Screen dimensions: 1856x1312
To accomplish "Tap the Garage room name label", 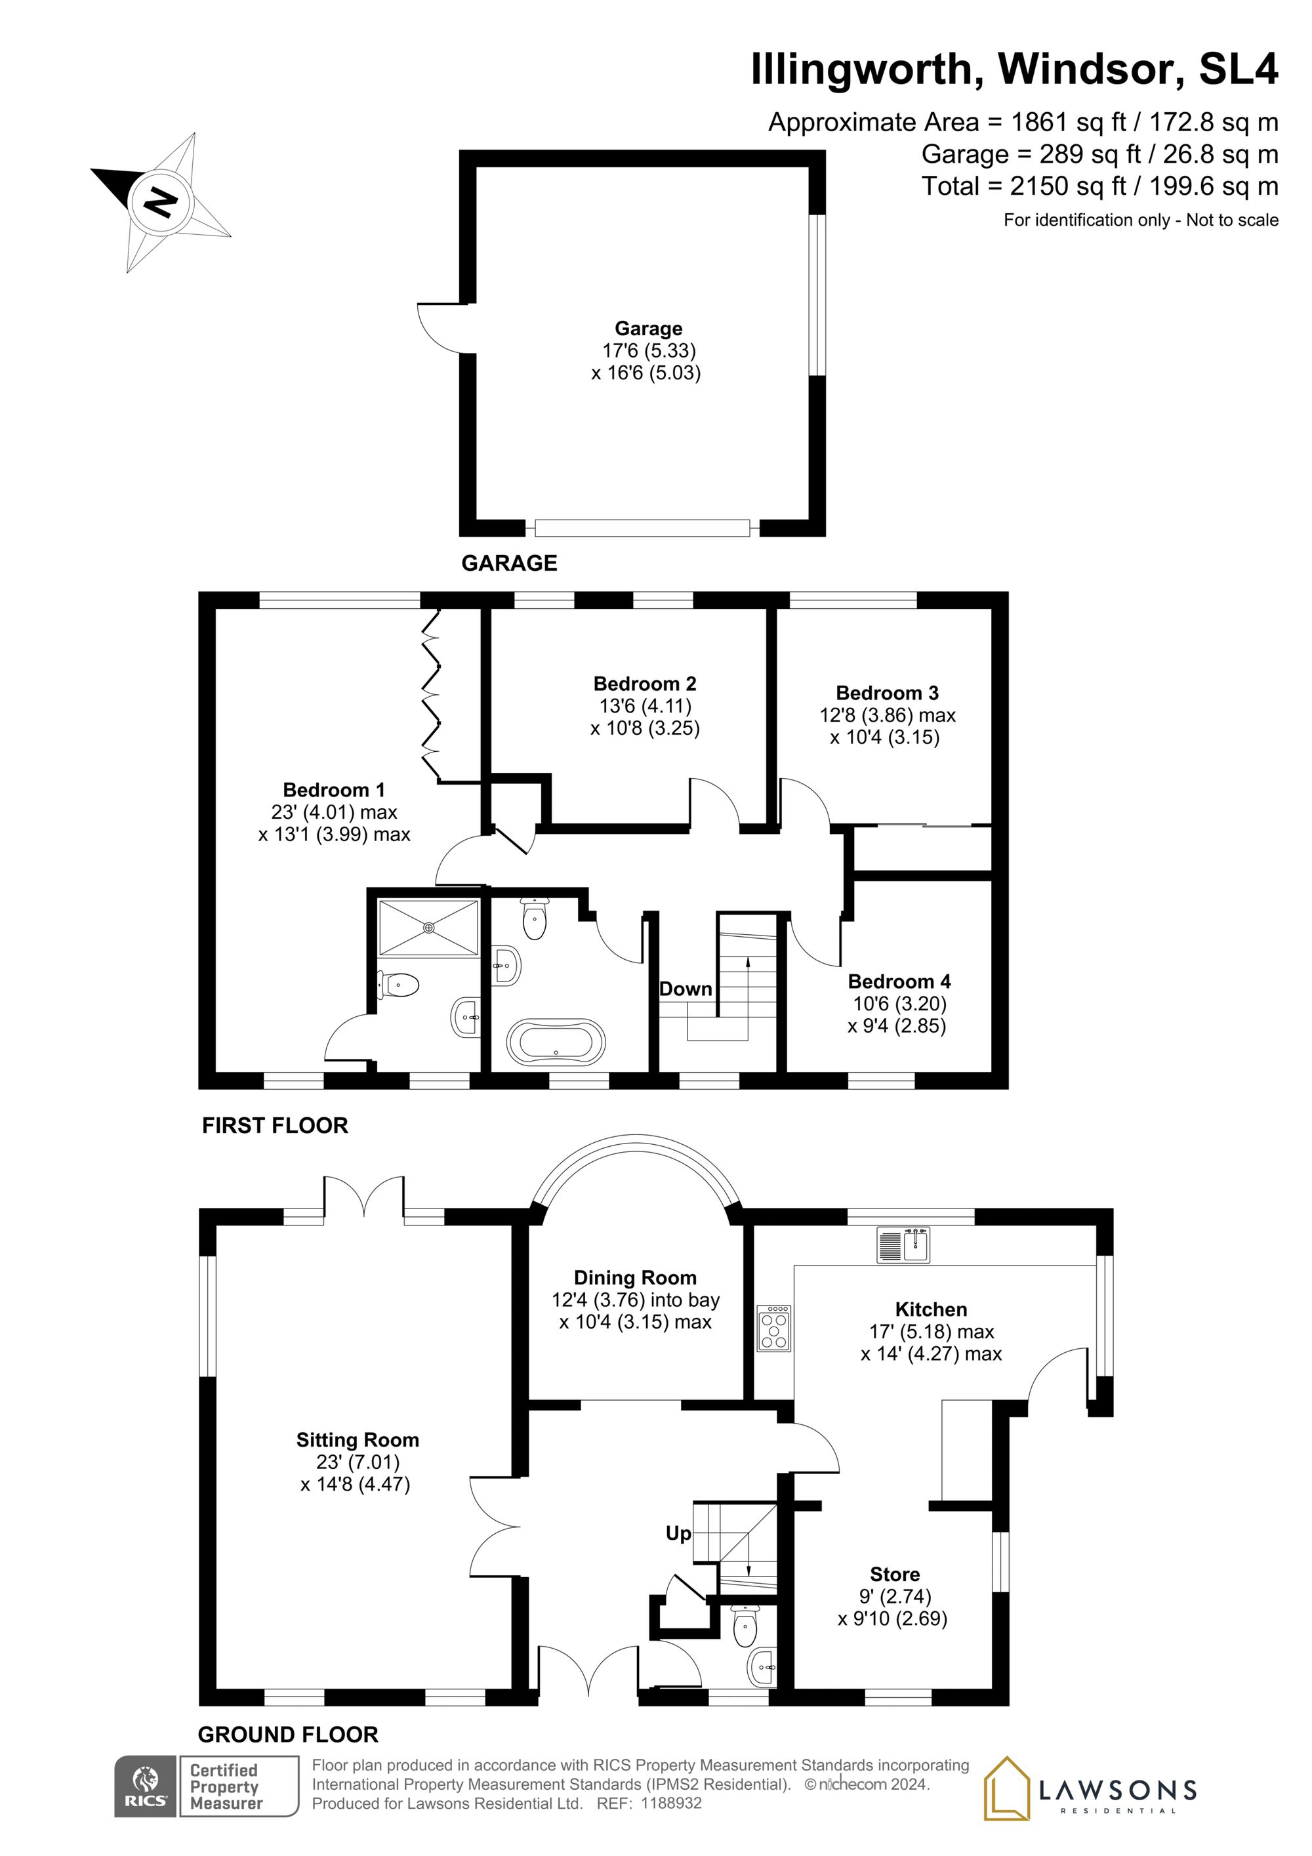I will coord(648,328).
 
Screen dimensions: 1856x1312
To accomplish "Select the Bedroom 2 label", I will coord(644,684).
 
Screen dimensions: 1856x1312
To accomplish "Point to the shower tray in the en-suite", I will coord(428,927).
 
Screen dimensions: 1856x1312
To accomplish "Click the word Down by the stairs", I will coord(686,989).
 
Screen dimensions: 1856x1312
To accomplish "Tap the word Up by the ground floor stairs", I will coord(678,1533).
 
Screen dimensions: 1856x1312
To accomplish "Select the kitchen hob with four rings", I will coord(773,1328).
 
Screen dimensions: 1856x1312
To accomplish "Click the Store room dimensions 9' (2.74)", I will coord(894,1596).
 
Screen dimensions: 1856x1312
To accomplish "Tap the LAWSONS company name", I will coord(1117,1790).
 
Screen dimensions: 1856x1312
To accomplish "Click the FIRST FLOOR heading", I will coord(275,1125).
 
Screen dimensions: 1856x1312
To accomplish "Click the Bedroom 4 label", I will coord(899,981).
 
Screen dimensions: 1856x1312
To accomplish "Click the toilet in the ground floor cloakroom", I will coord(745,1625).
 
